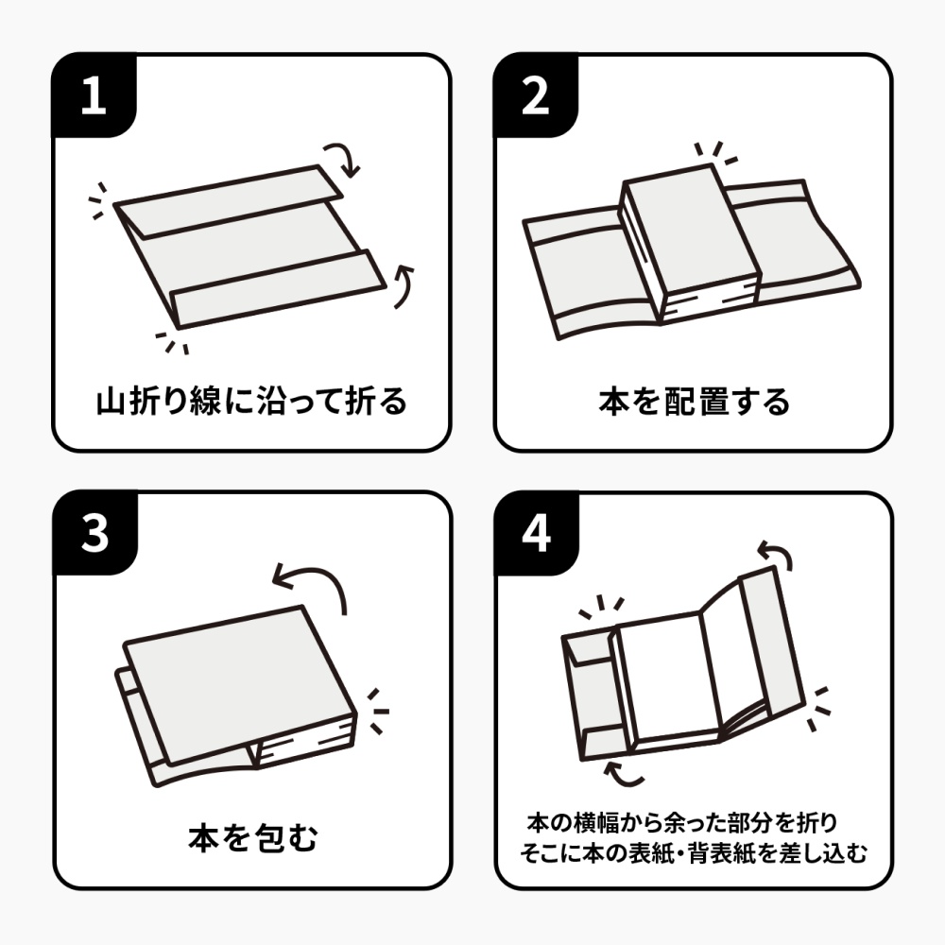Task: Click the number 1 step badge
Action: (x=94, y=94)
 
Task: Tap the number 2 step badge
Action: (x=536, y=94)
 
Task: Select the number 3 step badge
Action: (x=94, y=533)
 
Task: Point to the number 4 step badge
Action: (x=537, y=533)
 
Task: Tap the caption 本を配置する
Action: (x=694, y=402)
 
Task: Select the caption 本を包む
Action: (x=253, y=837)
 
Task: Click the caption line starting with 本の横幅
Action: (x=681, y=823)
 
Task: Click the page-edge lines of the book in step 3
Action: (x=304, y=741)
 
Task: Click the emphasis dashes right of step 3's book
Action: (x=379, y=712)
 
